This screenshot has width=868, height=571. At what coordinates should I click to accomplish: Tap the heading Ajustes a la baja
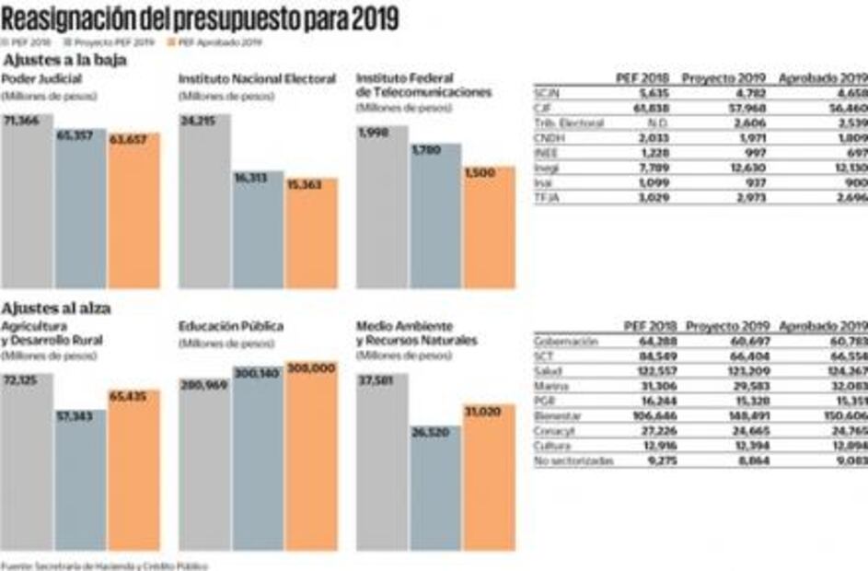coord(64,61)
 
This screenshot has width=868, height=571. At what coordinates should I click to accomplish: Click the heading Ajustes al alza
coord(57,308)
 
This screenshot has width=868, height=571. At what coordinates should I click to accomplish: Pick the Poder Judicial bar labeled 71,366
coord(27,203)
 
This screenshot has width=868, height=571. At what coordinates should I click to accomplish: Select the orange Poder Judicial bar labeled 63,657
coord(133,212)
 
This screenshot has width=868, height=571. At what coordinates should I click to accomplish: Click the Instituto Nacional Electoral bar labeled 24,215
coord(204,203)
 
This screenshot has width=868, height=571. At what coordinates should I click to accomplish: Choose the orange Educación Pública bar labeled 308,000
coord(311,456)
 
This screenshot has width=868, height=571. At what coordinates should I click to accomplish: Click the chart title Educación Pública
coord(231,326)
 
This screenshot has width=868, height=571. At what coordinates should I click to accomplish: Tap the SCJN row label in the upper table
coord(547,92)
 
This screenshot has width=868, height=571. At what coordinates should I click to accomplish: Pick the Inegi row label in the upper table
coord(547,168)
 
